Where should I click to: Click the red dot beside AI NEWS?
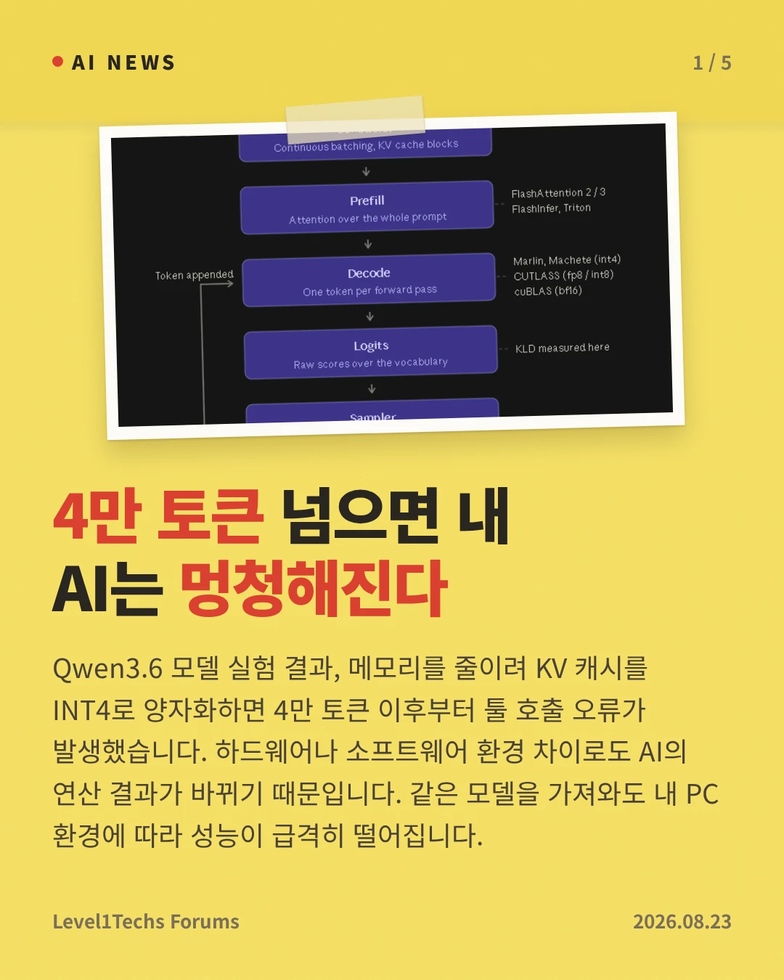[x=57, y=62]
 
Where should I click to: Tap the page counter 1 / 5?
[x=712, y=63]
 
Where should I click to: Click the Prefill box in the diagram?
[x=367, y=208]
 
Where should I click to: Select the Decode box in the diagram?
[x=369, y=279]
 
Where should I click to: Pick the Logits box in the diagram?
[x=371, y=352]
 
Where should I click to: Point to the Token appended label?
[x=194, y=275]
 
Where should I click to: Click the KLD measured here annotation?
[x=562, y=348]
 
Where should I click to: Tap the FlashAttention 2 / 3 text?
[x=558, y=193]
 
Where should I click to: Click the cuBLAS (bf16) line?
[x=548, y=291]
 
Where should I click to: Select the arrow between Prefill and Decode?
[x=368, y=244]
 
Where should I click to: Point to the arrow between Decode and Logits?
[x=370, y=316]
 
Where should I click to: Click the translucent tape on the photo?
[x=355, y=119]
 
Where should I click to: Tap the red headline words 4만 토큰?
[x=158, y=515]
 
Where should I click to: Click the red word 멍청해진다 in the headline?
[x=314, y=588]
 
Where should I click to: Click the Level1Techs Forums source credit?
[x=146, y=921]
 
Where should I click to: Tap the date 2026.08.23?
[x=682, y=921]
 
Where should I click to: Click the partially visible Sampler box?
[x=372, y=411]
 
